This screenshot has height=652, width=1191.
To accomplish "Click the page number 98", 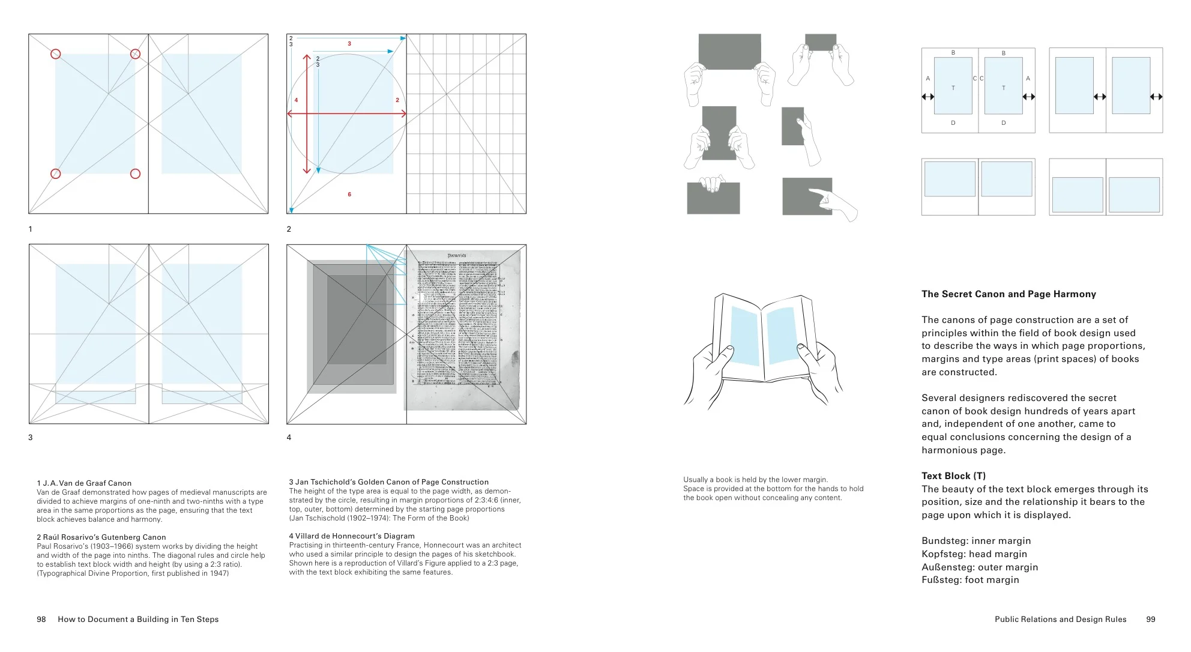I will click(41, 620).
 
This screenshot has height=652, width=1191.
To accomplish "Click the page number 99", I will click(1150, 620).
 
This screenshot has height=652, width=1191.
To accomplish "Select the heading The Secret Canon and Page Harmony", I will click(1009, 294).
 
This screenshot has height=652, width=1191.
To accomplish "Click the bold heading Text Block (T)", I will click(953, 476).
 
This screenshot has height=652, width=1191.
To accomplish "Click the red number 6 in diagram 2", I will click(349, 195).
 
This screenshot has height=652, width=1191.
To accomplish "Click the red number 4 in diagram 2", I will click(296, 100).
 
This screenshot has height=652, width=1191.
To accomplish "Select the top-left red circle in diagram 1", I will click(56, 54).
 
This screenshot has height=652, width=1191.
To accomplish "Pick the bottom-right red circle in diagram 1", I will click(135, 174).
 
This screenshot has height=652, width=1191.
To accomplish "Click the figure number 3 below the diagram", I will click(31, 438).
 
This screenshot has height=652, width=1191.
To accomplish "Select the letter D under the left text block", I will click(953, 123).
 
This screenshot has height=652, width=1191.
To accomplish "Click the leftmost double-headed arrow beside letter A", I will click(928, 97).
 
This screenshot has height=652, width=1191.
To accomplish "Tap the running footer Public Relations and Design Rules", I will click(1060, 620).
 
